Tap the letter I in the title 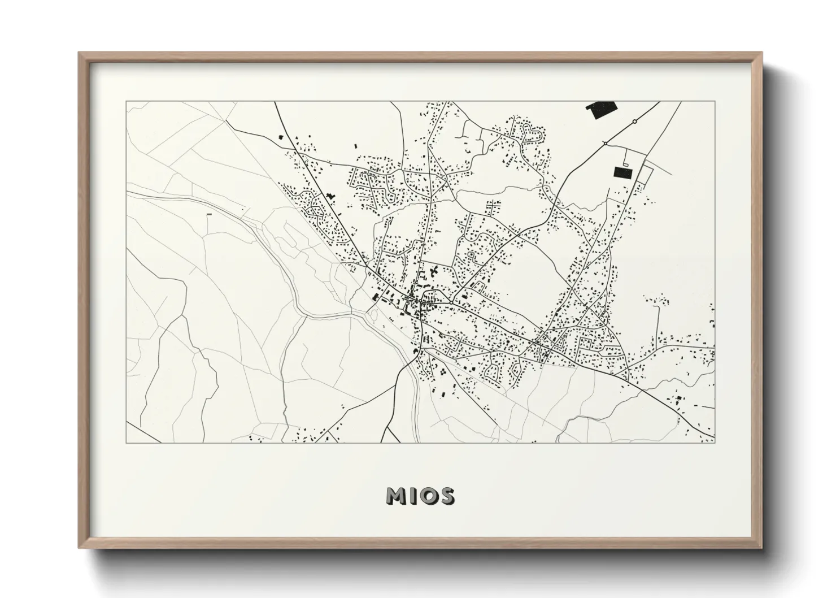(413, 496)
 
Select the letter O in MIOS (429, 496)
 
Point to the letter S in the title (446, 496)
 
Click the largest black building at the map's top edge (602, 110)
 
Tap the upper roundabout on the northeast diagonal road (634, 121)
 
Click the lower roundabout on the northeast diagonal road (605, 144)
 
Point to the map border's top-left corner (126, 102)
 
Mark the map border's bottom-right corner (715, 443)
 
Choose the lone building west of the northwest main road (281, 137)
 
